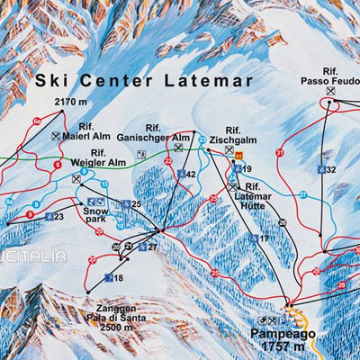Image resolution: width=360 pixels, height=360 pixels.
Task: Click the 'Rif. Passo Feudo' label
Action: (x=331, y=73)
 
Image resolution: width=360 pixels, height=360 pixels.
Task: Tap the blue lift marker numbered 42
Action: (x=186, y=174)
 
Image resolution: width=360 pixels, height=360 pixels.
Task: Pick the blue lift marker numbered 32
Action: (x=326, y=169)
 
